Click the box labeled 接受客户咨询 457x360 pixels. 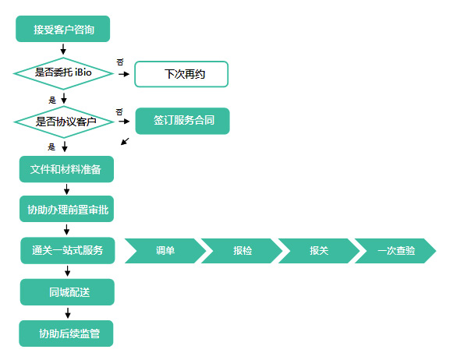tap(62, 29)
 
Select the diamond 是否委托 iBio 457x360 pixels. tap(63, 73)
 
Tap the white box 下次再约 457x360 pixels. tap(181, 74)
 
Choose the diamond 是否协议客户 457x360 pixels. tap(64, 122)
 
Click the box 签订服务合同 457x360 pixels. tap(182, 121)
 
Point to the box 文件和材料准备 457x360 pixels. tap(66, 169)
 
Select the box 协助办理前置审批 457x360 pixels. tap(66, 209)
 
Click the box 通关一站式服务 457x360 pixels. tap(68, 250)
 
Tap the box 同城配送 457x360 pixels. tap(67, 292)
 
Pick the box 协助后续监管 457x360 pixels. tap(66, 334)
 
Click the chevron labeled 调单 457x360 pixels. tap(165, 251)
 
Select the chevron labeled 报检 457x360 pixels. tap(242, 251)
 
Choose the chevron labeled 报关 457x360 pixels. tap(319, 251)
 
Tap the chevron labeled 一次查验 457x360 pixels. tap(395, 251)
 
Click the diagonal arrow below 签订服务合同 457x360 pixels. tap(125, 141)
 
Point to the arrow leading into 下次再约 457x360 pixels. tap(124, 74)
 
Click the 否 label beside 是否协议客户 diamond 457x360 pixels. tap(119, 112)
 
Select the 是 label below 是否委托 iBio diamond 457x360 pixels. tap(52, 101)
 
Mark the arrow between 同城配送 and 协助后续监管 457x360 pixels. tap(68, 312)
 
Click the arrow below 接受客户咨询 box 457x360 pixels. tap(63, 49)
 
